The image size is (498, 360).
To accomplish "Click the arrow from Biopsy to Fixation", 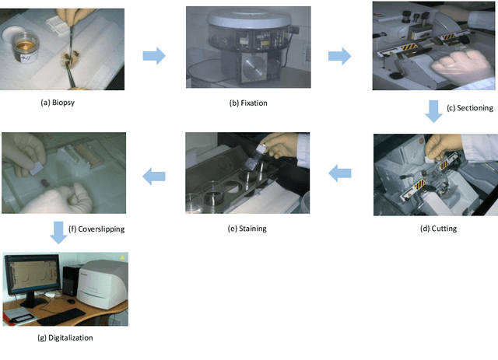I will coord(155,55).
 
